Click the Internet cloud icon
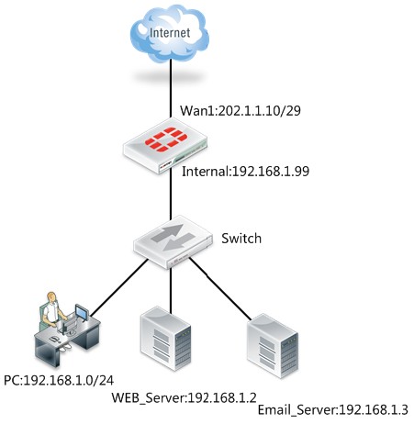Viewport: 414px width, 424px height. coord(170,33)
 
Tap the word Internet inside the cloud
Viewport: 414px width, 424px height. coord(170,33)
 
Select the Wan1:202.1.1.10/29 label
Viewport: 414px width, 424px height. coord(241,110)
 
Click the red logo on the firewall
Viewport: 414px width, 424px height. coord(165,139)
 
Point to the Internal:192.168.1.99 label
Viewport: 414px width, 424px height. coord(245,172)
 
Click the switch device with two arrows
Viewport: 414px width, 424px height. coord(173,241)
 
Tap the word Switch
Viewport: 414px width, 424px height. coord(241,239)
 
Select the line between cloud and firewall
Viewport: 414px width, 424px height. coord(171,88)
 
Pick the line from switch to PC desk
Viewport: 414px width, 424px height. coord(119,288)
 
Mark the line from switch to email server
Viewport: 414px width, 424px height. coord(220,289)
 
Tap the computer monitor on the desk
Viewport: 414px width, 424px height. coord(82,313)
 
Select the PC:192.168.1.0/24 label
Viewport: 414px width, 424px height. coord(59,380)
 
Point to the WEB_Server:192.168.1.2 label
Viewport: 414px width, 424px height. coord(184,397)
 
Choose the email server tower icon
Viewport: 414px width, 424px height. coord(273,346)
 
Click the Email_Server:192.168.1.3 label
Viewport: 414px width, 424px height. coord(333,409)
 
